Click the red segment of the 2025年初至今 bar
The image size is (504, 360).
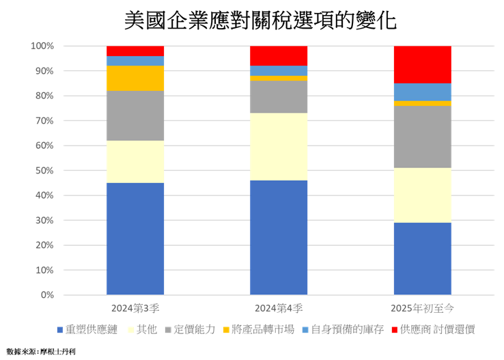[422, 64]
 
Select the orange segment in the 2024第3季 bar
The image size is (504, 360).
[135, 79]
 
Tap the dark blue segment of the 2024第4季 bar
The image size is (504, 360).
[279, 238]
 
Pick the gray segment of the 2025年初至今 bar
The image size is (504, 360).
[422, 137]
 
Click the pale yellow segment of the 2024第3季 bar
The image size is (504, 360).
[135, 162]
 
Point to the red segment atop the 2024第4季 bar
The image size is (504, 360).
[279, 55]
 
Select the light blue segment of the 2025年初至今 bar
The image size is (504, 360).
[422, 92]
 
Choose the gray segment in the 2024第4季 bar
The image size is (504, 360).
[279, 97]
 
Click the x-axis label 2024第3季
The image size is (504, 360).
[135, 307]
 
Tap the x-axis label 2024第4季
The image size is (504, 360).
[279, 307]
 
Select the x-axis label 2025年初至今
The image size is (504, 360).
[422, 307]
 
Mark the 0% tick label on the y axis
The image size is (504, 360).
[46, 296]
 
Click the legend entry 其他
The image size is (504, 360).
[145, 329]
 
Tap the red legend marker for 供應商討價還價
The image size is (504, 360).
[395, 330]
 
